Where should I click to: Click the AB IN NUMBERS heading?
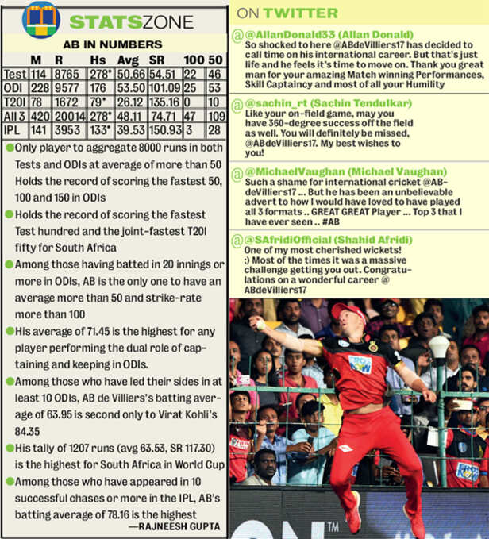(114, 44)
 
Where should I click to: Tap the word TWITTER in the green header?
(300, 13)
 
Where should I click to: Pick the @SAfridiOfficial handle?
(282, 239)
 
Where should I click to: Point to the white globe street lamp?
(438, 347)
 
